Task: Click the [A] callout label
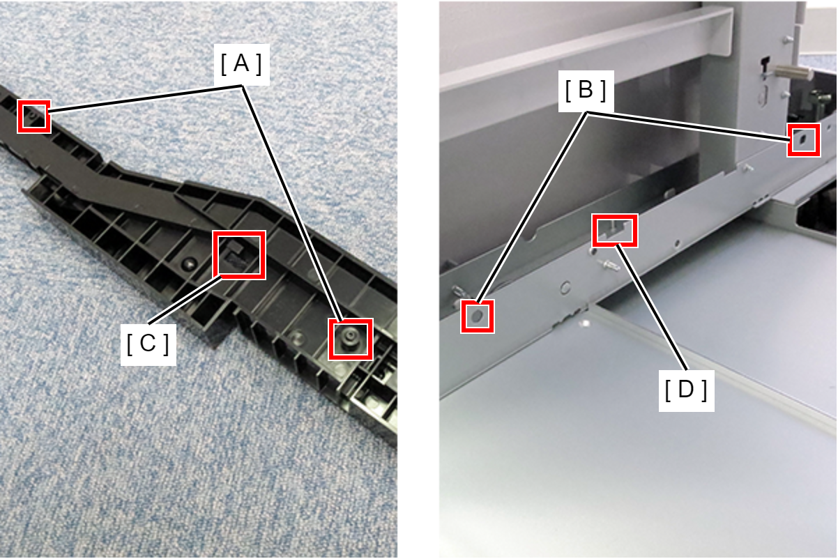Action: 241,64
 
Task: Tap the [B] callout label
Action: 586,91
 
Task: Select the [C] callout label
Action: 148,344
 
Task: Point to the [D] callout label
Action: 686,391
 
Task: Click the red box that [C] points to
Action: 239,254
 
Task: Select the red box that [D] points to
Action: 615,230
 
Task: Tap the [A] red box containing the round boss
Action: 351,339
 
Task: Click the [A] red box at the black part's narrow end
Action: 33,116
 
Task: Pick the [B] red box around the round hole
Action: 478,316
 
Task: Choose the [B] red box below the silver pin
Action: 804,140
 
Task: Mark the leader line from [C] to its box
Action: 184,300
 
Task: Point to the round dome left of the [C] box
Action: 190,263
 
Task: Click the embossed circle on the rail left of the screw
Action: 565,287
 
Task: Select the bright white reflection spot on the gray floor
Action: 586,322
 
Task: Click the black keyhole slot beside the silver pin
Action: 765,64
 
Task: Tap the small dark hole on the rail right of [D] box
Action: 677,244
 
